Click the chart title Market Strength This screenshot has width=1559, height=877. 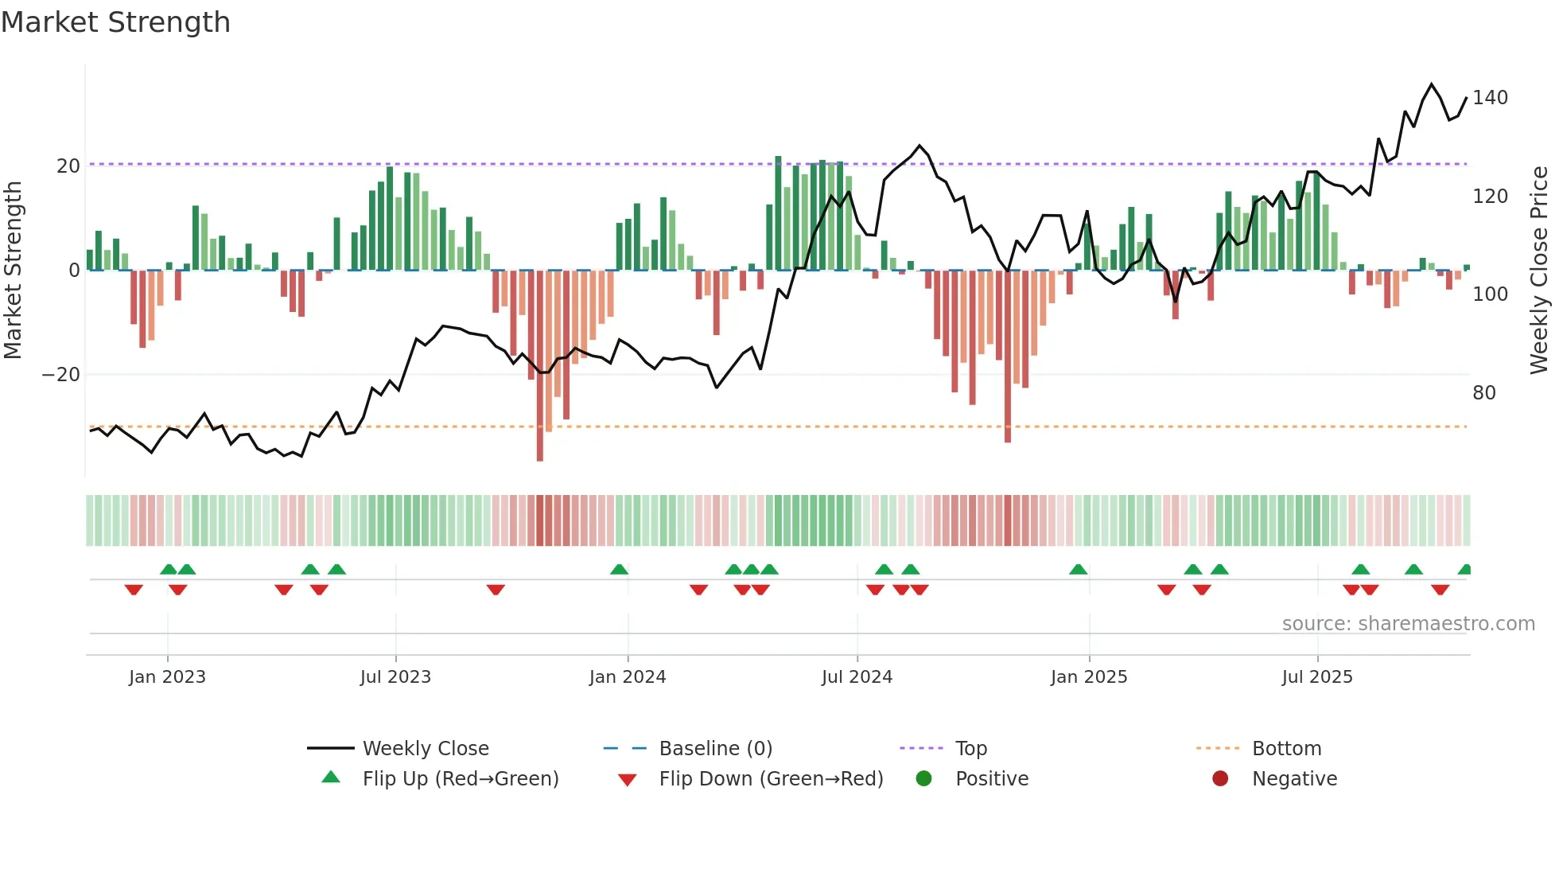[x=116, y=22]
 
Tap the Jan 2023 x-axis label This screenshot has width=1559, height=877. [x=167, y=677]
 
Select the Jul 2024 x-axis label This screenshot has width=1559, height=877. [x=857, y=677]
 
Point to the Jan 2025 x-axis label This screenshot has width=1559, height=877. [x=1089, y=677]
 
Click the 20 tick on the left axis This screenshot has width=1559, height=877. [x=68, y=166]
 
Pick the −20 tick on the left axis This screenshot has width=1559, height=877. [x=61, y=375]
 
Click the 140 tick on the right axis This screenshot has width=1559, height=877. [x=1490, y=98]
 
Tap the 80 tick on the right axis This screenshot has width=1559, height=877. [x=1484, y=393]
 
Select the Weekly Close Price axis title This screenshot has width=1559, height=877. [x=1539, y=271]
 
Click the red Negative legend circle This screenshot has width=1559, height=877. [x=1220, y=779]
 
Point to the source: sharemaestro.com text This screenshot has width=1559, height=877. [x=1408, y=624]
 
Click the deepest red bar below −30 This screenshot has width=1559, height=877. [x=540, y=446]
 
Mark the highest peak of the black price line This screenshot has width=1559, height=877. [x=1432, y=84]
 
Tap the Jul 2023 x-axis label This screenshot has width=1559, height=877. [x=395, y=677]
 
